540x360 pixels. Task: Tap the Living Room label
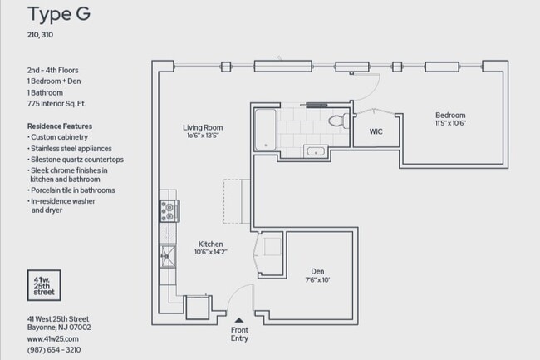203,127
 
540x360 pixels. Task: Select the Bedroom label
449,115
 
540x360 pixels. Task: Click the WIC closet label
375,131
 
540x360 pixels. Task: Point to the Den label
317,271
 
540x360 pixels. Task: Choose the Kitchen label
210,244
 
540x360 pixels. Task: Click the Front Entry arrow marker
239,319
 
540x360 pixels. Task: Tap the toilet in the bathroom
336,121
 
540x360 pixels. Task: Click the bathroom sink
316,150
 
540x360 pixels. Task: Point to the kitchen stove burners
169,212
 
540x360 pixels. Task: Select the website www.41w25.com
52,339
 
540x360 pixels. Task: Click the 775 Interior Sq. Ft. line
56,105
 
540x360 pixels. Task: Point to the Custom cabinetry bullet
60,136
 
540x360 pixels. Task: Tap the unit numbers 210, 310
41,36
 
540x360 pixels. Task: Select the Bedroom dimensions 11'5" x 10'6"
449,124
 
